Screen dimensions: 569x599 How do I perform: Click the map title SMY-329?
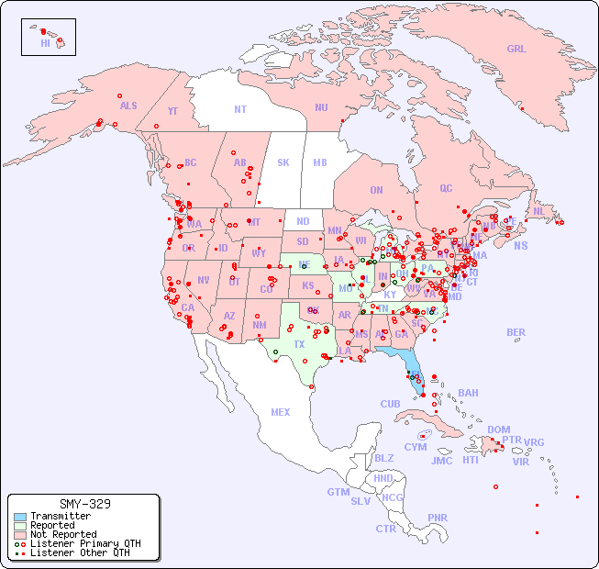tap(84, 504)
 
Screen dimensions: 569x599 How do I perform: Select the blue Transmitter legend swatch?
tap(20, 517)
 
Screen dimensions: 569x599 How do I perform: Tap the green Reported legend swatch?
tap(20, 526)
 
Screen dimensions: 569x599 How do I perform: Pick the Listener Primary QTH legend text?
tap(84, 543)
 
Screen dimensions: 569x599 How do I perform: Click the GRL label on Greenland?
tap(516, 50)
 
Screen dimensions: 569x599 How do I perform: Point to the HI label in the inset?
tap(45, 43)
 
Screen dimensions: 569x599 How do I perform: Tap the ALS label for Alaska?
tap(128, 106)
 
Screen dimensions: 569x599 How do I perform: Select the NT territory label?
tap(240, 109)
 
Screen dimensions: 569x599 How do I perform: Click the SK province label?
tap(283, 162)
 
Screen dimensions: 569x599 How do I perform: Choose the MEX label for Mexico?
tap(281, 412)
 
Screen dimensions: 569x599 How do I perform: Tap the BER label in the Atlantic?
tap(516, 332)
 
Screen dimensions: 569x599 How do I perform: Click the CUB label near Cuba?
tap(391, 404)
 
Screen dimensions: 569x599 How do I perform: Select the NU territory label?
tap(321, 107)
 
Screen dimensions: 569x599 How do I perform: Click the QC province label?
tap(446, 189)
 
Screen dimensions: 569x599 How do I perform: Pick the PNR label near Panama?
tap(438, 518)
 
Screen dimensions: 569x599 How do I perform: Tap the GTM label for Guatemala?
tap(338, 492)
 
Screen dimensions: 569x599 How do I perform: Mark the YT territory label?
tap(172, 111)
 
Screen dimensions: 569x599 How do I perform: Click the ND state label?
tap(303, 221)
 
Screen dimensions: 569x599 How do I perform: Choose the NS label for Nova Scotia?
tap(520, 246)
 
